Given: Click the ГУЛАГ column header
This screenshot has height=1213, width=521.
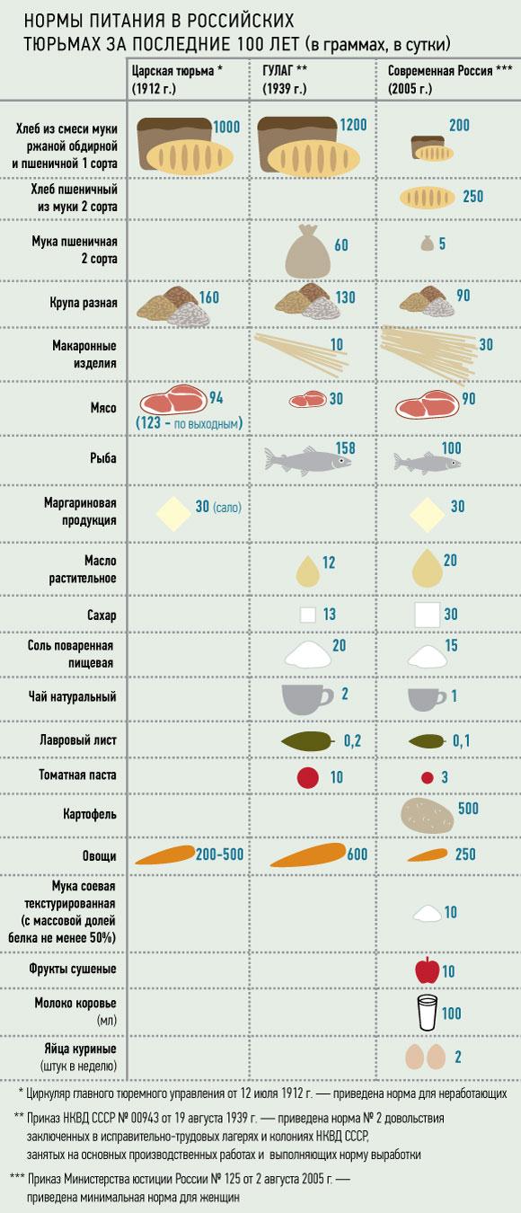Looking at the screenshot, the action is click(x=285, y=79).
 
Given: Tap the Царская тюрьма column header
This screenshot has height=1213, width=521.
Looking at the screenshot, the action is click(x=177, y=79).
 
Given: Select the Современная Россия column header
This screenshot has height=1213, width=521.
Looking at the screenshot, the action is click(x=450, y=79).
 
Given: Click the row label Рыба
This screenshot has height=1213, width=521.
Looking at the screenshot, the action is click(x=103, y=458).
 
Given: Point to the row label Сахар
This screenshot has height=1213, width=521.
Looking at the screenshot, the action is click(x=102, y=615).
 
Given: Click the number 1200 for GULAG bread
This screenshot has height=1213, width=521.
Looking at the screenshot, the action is click(x=353, y=125).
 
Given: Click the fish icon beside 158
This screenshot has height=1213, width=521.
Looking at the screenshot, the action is click(x=307, y=460).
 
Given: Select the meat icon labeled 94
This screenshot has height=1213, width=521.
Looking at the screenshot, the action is click(x=173, y=402).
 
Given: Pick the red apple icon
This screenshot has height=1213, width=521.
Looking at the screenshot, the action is click(x=428, y=970).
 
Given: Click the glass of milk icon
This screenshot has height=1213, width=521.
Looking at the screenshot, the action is click(x=428, y=1012).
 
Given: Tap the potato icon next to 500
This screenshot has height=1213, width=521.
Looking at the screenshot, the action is click(x=428, y=814).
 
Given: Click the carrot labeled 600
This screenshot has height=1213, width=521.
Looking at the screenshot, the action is click(x=307, y=854).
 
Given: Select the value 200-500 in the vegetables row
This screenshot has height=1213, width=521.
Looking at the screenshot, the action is click(x=219, y=854).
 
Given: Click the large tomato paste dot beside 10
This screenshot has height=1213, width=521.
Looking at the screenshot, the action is click(x=307, y=777).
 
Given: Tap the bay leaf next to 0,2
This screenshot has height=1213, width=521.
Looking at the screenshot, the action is click(x=307, y=740).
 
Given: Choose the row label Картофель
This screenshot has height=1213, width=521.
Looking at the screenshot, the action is click(x=89, y=814).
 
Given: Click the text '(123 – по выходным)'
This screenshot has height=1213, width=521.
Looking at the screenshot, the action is click(x=189, y=422).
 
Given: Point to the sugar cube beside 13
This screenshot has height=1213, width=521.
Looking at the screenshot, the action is click(x=308, y=615).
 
